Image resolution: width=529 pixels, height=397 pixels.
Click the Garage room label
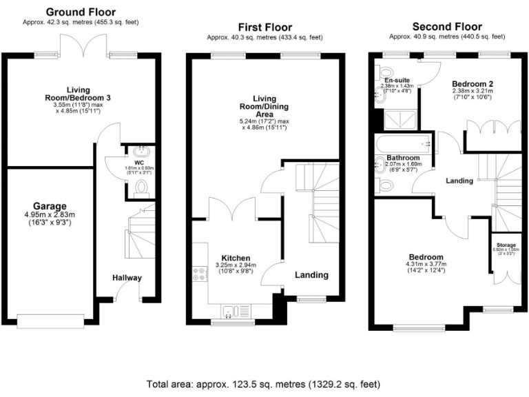pyautogui.click(x=50, y=205)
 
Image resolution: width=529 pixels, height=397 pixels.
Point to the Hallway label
pyautogui.click(x=127, y=278)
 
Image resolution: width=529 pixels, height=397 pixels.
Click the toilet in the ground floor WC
pyautogui.click(x=142, y=187)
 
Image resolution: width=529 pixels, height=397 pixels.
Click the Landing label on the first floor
pyautogui.click(x=311, y=274)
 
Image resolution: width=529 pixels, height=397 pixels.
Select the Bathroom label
pyautogui.click(x=403, y=157)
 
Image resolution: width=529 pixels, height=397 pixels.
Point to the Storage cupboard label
pyautogui.click(x=506, y=245)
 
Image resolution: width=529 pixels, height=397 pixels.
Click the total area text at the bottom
pyautogui.click(x=262, y=383)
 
